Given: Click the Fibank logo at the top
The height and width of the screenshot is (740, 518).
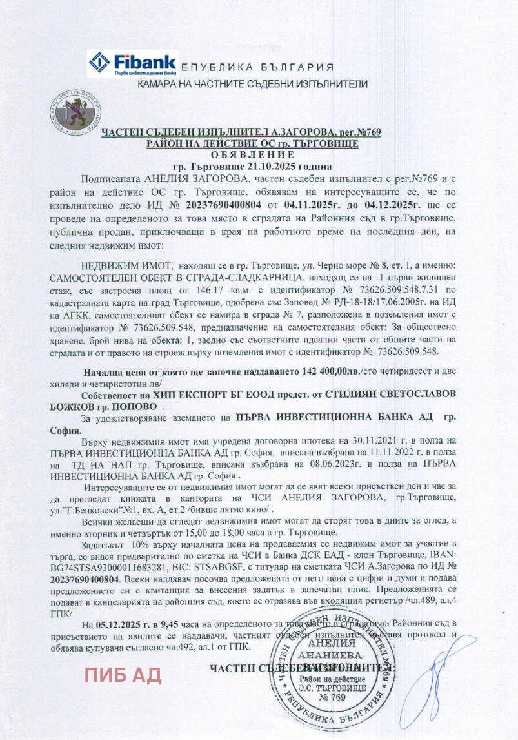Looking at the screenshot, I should (x=132, y=64).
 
